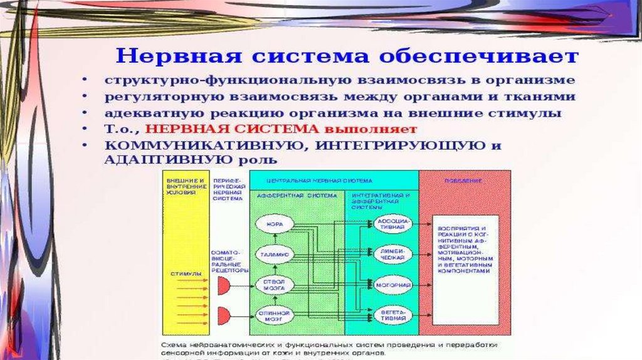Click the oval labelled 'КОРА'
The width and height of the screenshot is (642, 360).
(273, 224)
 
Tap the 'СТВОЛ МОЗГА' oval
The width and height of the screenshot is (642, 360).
(273, 285)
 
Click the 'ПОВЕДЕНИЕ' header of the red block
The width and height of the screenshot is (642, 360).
(464, 181)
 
